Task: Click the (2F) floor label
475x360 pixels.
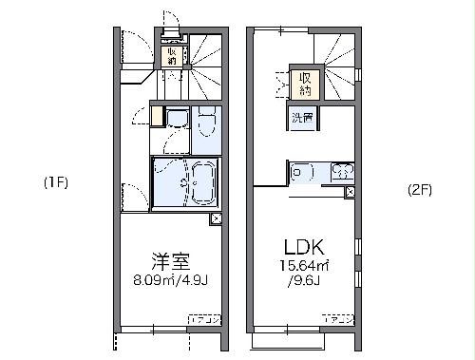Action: tap(419, 189)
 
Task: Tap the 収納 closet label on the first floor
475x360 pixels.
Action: tap(171, 55)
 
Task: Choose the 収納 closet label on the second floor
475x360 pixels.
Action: tap(305, 84)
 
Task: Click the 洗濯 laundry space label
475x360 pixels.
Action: tap(303, 118)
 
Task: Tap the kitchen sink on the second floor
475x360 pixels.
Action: tap(303, 172)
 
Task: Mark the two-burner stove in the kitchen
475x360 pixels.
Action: tap(342, 172)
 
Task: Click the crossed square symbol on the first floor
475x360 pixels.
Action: tap(218, 219)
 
